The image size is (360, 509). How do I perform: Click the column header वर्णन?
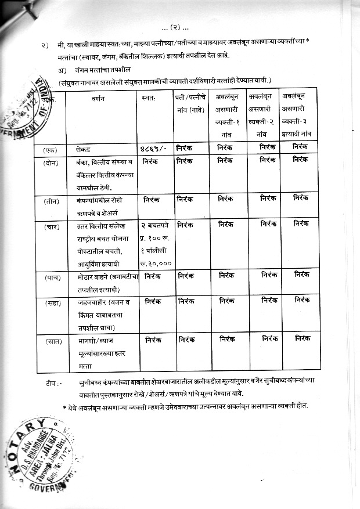tap(97, 99)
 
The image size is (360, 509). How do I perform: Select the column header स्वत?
tap(149, 99)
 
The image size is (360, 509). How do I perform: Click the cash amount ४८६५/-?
tap(153, 149)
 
